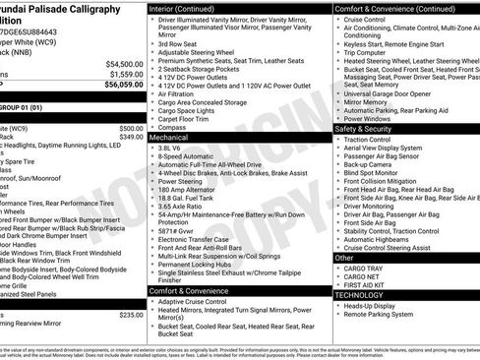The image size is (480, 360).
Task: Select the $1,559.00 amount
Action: click(x=125, y=74)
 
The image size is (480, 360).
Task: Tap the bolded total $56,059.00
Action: click(x=122, y=85)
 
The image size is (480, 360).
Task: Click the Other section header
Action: click(x=344, y=258)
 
